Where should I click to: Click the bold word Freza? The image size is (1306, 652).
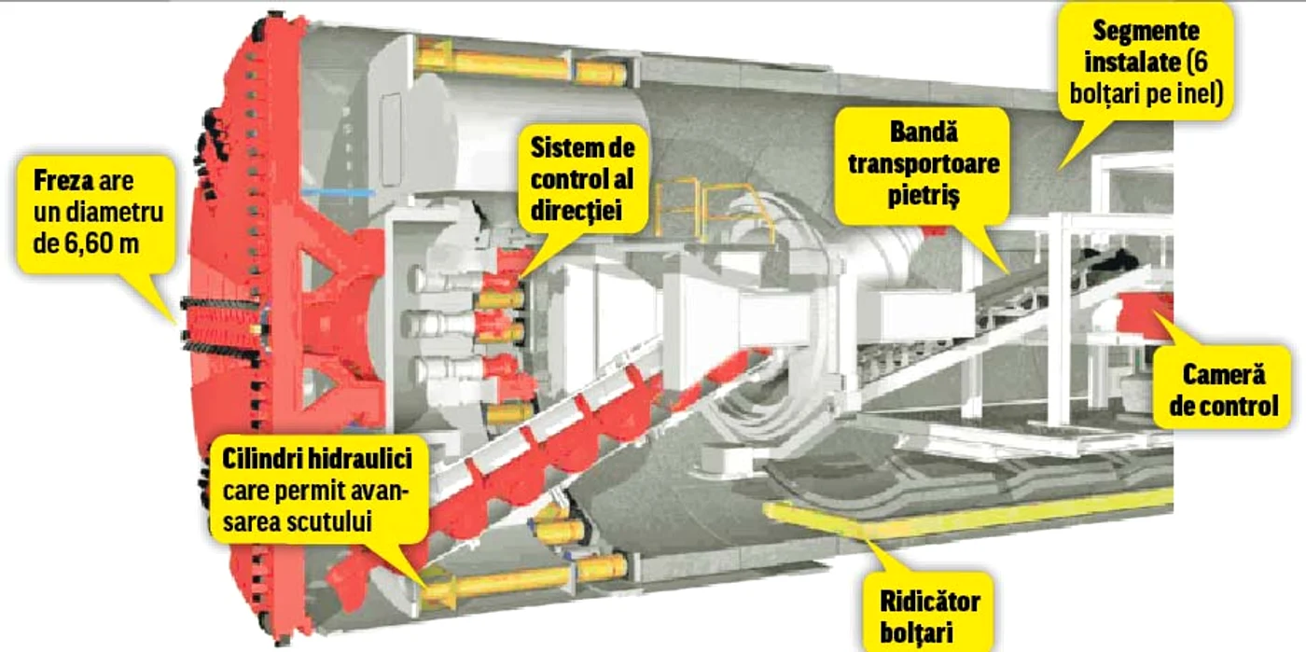pos(63,181)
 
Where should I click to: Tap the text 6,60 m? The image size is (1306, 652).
pos(102,243)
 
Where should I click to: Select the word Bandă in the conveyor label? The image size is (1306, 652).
pos(924,132)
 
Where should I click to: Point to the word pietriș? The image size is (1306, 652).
pos(924,195)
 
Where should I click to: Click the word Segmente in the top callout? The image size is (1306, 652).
pos(1146,31)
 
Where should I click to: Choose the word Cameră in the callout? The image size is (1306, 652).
pos(1224,374)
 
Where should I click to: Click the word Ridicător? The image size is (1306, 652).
pos(930,602)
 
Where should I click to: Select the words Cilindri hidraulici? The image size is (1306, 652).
pos(317,459)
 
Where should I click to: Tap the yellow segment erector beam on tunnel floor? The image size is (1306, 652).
pos(968,516)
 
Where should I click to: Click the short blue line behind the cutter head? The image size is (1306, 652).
pos(338,191)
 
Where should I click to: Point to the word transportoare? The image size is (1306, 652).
pos(924,164)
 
